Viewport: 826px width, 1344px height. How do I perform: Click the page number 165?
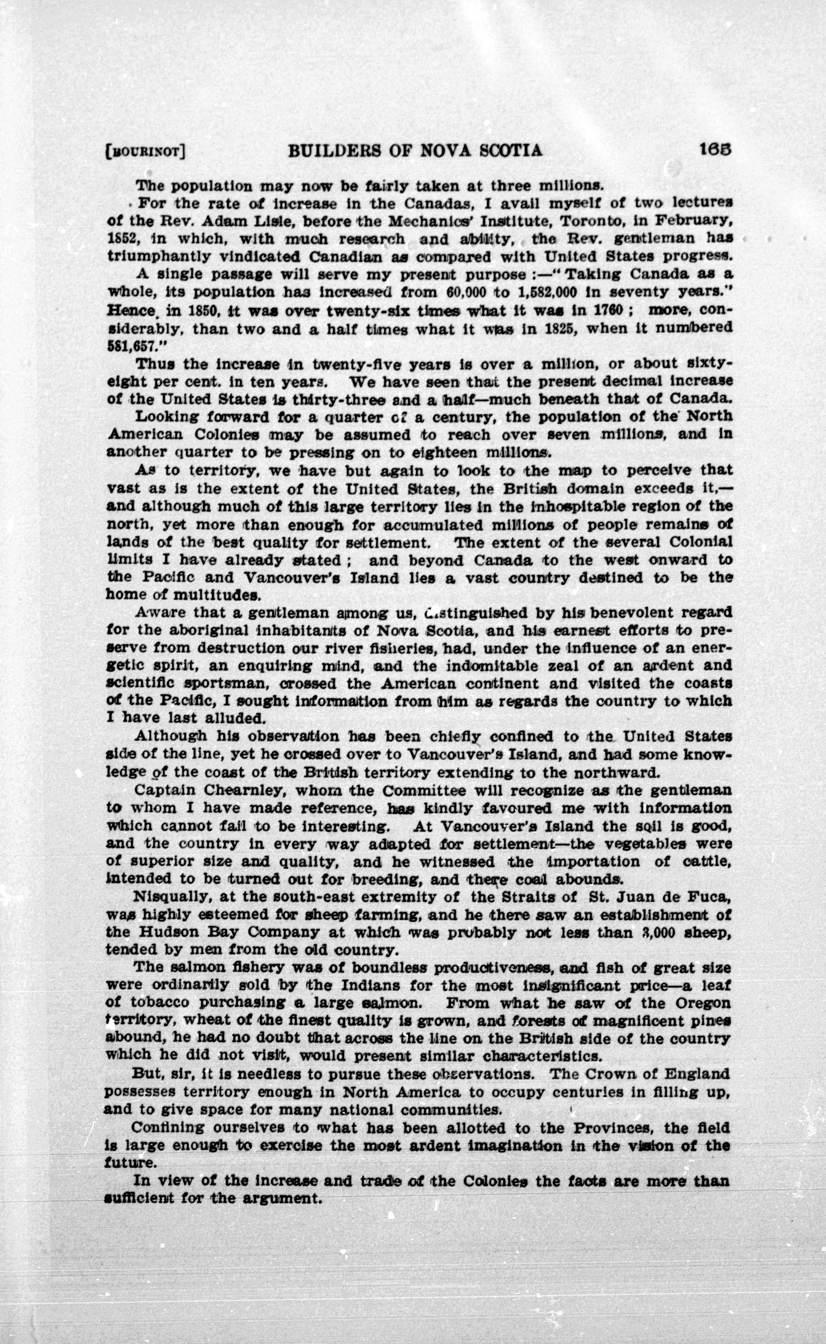(x=715, y=150)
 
